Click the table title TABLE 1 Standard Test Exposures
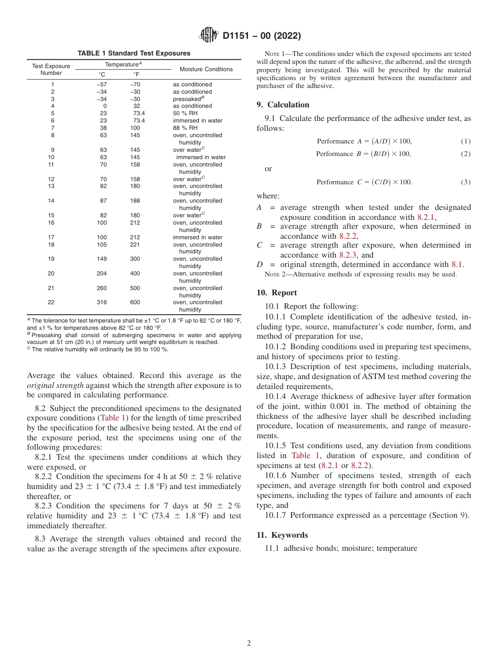coord(134,53)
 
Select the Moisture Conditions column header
coord(206,69)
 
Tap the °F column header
coord(136,74)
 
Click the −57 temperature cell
coord(102,84)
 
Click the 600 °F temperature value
coord(135,302)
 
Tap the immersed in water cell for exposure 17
coord(198,237)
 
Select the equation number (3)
coord(465,182)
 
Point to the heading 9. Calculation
coord(283,105)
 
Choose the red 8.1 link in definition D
coord(457,264)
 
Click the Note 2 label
coord(275,274)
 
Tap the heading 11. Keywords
coord(283,535)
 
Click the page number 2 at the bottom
coord(249,643)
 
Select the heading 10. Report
coord(277,293)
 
